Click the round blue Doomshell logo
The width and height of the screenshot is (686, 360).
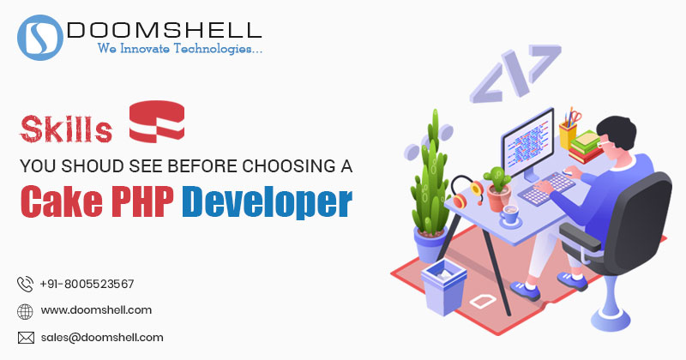click(x=39, y=38)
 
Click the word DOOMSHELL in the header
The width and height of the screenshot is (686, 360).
click(x=165, y=30)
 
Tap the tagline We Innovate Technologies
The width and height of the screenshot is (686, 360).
click(x=180, y=48)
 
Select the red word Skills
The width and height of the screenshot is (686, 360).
click(x=66, y=129)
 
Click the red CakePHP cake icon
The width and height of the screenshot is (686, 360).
click(x=157, y=121)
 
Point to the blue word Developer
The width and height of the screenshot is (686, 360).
click(x=267, y=201)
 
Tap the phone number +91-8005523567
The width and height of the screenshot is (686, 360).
click(x=87, y=285)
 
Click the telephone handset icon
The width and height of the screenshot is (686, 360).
click(x=25, y=284)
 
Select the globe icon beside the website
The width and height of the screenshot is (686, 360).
click(x=25, y=311)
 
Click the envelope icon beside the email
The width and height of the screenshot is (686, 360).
click(x=26, y=338)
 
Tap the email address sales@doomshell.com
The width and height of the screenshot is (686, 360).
click(x=102, y=338)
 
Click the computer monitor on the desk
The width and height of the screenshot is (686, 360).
click(x=528, y=144)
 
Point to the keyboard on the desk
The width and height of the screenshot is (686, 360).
click(x=546, y=188)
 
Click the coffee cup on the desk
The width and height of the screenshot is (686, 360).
click(x=510, y=215)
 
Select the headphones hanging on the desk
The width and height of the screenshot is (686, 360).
click(x=466, y=192)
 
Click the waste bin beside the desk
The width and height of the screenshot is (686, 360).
click(x=443, y=286)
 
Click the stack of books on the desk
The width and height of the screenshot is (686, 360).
click(x=586, y=147)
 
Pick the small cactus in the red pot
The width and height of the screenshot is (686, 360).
click(x=498, y=189)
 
